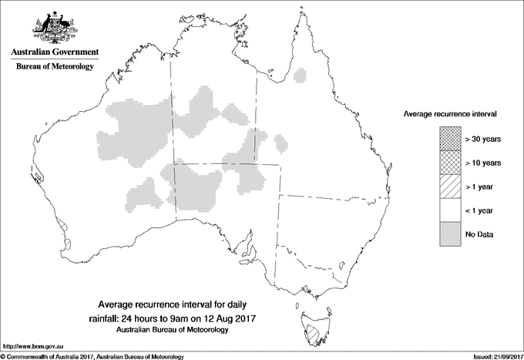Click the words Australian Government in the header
pyautogui.click(x=55, y=52)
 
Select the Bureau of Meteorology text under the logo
pyautogui.click(x=55, y=67)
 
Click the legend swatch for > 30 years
pyautogui.click(x=450, y=138)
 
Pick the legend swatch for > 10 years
pyautogui.click(x=450, y=162)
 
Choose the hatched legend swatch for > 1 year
pyautogui.click(x=450, y=186)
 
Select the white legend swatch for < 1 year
pyautogui.click(x=450, y=210)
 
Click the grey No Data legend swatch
pyautogui.click(x=450, y=234)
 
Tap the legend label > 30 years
pyautogui.click(x=482, y=139)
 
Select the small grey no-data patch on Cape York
pyautogui.click(x=301, y=76)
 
